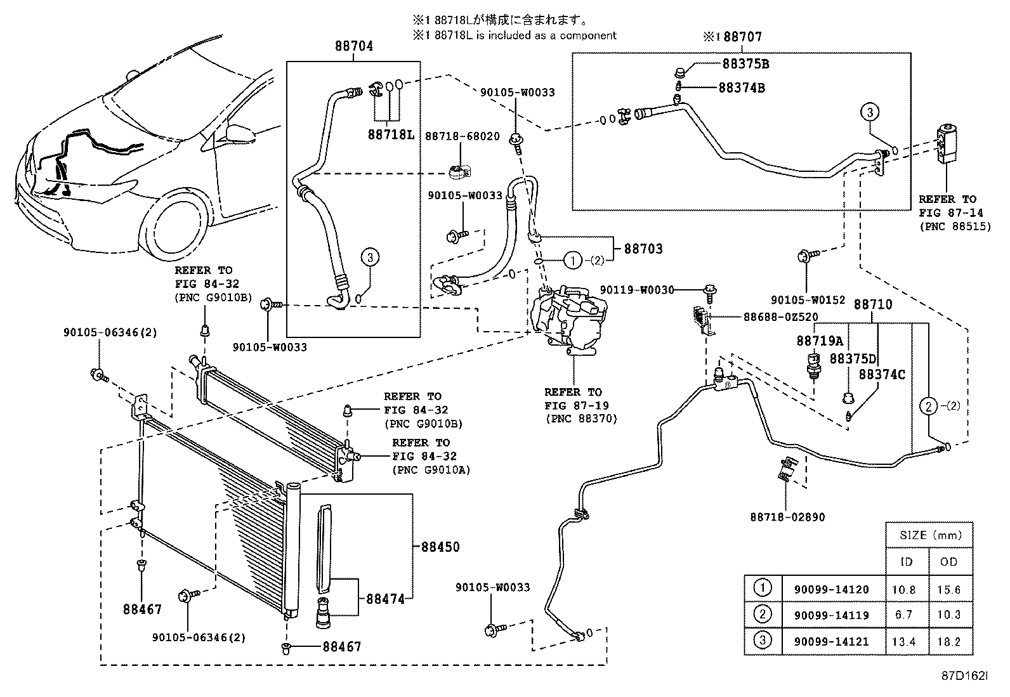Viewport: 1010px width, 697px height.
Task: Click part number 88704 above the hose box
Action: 353,46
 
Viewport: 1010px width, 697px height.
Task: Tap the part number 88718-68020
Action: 462,136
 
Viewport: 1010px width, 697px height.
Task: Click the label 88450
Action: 440,547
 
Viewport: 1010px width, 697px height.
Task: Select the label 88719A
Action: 820,341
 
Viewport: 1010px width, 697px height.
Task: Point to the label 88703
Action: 643,249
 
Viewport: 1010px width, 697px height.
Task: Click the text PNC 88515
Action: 954,226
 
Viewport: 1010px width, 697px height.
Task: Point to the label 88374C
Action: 882,374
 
